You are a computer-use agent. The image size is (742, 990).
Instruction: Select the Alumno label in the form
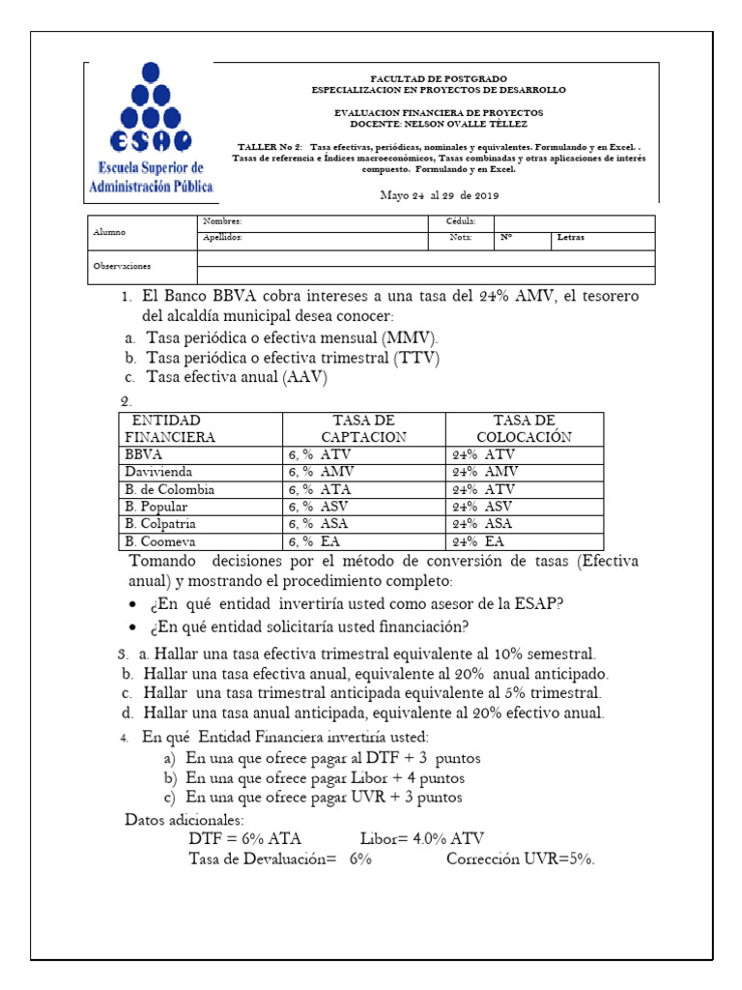109,232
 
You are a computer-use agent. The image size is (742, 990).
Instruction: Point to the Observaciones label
122,265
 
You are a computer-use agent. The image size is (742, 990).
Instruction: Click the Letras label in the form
570,237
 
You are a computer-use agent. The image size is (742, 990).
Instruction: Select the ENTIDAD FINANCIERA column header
166,428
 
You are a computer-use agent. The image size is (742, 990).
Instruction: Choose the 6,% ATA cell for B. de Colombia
321,489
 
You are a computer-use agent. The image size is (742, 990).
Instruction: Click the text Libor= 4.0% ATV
422,838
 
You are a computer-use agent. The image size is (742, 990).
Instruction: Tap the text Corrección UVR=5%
521,859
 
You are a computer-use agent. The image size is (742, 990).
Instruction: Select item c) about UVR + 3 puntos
313,798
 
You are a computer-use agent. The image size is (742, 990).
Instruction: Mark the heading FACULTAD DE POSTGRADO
438,77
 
